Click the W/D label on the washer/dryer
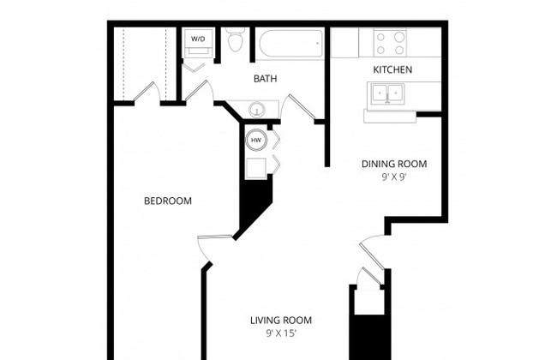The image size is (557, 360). click(x=198, y=39)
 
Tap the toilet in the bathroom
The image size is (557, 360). click(x=236, y=39)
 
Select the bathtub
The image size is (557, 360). click(x=291, y=44)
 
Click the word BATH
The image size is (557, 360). click(x=265, y=79)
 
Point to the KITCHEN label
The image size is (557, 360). click(x=392, y=69)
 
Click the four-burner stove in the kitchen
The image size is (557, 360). click(x=390, y=43)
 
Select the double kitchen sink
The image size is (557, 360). click(x=386, y=93)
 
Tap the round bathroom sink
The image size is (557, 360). click(x=255, y=110)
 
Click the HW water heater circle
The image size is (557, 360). click(x=255, y=140)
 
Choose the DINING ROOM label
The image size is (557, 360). click(x=394, y=164)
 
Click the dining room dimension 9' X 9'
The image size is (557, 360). click(x=394, y=177)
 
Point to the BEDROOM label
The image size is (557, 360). click(x=168, y=201)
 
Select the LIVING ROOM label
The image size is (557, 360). click(x=281, y=321)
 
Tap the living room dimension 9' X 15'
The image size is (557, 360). click(x=281, y=333)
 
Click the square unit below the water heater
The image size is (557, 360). click(x=255, y=168)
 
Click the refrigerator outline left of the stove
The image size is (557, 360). click(x=344, y=43)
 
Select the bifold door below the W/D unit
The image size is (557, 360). click(x=194, y=67)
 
